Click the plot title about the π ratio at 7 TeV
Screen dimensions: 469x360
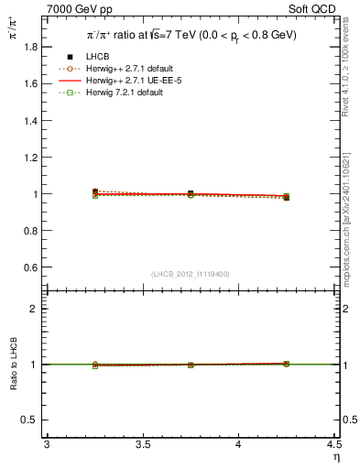(191, 33)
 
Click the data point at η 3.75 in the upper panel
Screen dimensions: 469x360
(191, 194)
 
